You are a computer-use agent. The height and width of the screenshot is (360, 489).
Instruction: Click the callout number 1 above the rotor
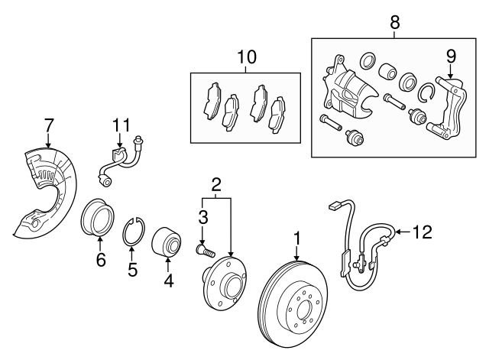297,239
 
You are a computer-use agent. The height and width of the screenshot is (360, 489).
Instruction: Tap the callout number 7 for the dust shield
49,125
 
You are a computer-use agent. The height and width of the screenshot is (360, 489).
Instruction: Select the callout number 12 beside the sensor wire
423,232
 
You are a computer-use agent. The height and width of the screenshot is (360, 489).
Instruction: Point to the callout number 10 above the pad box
247,57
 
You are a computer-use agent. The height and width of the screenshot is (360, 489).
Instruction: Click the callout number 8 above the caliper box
394,22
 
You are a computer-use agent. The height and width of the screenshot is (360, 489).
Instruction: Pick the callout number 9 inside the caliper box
451,57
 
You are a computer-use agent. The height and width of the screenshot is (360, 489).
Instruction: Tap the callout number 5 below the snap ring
132,269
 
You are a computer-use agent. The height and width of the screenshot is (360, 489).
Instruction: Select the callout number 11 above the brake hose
121,125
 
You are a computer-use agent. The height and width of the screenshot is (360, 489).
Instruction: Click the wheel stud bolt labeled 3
206,250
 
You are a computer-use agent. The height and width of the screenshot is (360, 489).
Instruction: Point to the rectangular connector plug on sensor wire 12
335,206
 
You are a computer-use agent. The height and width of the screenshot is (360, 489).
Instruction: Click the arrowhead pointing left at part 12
397,232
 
